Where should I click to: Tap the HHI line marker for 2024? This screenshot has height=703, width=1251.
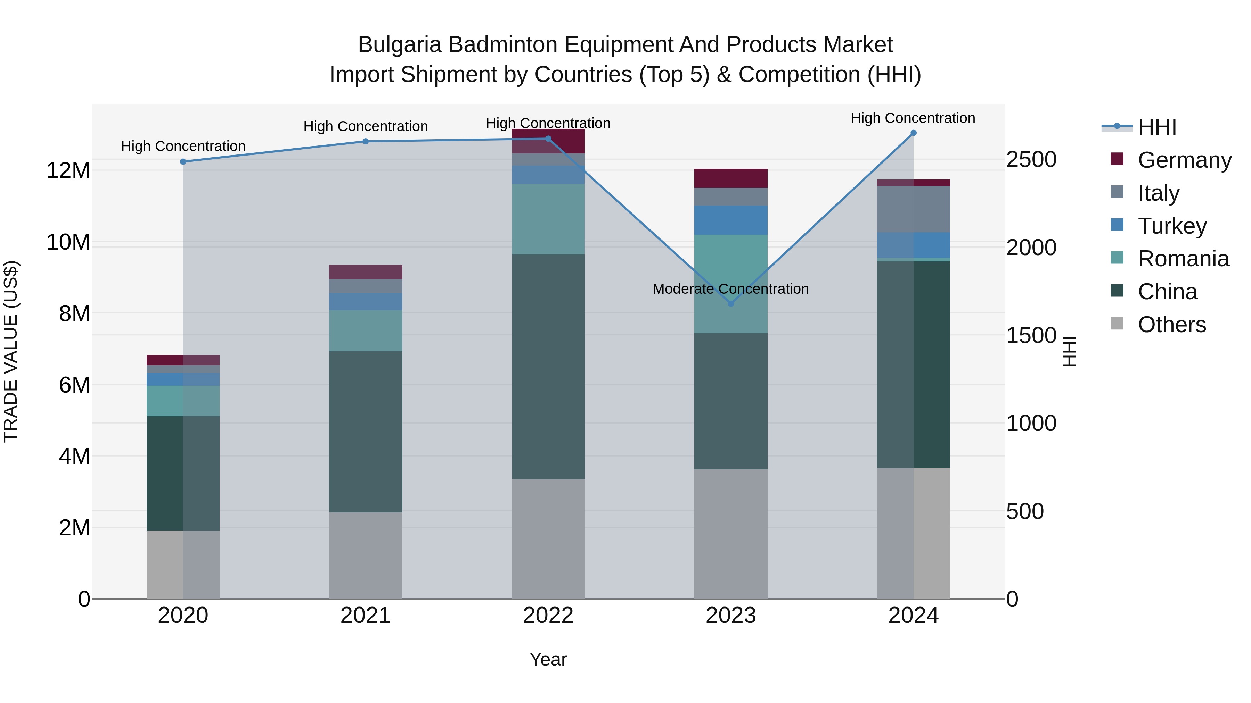point(914,133)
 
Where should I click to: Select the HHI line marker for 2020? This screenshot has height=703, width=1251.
point(183,161)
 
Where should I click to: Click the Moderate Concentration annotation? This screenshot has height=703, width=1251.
point(730,289)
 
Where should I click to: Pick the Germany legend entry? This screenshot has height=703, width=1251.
point(1184,160)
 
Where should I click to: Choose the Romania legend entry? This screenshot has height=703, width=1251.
point(1183,259)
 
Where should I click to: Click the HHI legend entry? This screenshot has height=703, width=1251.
point(1157,127)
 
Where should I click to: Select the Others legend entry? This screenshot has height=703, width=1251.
point(1171,325)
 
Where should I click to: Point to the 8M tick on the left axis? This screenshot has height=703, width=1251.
point(74,313)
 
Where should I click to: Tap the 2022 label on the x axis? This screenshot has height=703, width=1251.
point(548,616)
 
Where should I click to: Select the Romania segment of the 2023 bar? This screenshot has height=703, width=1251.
point(731,284)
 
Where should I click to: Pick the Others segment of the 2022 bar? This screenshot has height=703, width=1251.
point(548,538)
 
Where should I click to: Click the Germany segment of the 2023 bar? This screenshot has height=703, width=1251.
point(731,178)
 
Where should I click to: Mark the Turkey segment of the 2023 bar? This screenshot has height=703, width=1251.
point(731,220)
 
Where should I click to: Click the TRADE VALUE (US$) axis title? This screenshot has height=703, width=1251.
point(11,351)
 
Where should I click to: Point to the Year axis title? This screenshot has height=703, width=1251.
point(548,659)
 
